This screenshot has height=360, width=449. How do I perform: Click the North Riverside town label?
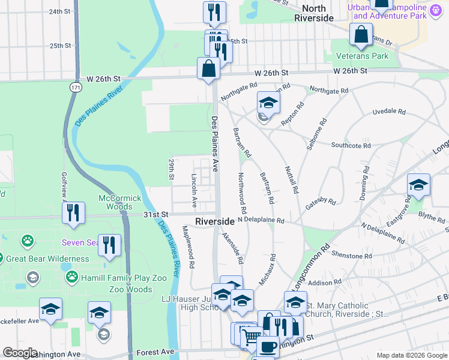pos(314,13)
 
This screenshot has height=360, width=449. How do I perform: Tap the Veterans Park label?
pos(362,56)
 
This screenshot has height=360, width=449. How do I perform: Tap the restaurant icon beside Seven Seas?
pos(109,245)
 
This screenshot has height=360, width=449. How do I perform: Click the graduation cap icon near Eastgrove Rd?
pos(418,185)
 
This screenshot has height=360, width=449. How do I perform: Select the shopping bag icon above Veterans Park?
pos(361,35)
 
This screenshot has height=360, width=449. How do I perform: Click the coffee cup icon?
pos(268,347)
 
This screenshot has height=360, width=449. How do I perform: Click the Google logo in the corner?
pos(20,353)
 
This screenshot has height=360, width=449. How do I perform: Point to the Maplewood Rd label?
pos(189,246)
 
